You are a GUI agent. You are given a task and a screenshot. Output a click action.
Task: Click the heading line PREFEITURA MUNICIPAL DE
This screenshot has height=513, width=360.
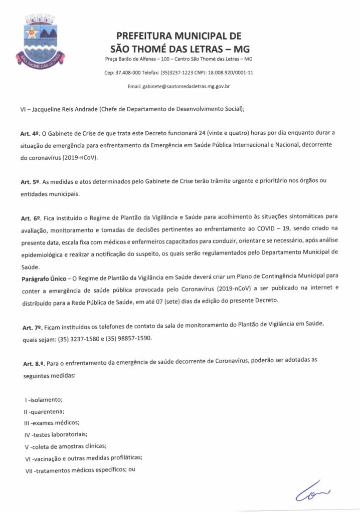[179, 36]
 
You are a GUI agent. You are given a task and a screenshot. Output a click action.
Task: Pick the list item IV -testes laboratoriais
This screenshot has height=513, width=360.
[52, 434]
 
